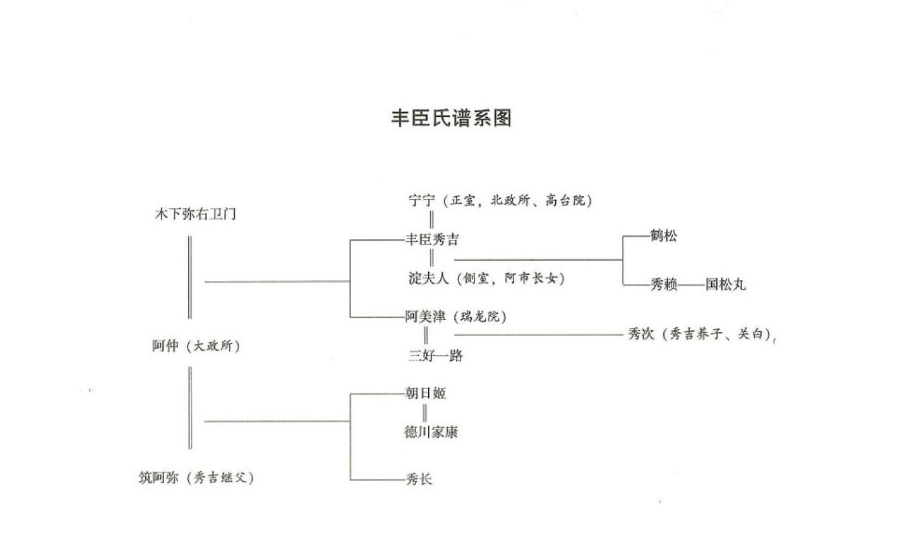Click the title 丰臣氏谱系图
451,118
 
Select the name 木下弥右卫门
196,215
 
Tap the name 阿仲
166,346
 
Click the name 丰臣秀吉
432,239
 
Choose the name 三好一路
435,355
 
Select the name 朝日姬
425,393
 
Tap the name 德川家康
431,432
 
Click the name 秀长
419,479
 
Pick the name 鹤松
663,236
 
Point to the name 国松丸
725,284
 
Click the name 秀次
641,334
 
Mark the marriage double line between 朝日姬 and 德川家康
425,413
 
